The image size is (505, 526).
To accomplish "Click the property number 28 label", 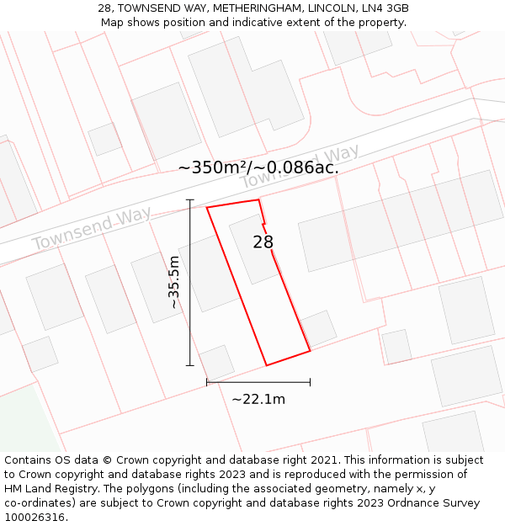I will coord(263,242).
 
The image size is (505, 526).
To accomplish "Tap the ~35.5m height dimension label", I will coord(174,283).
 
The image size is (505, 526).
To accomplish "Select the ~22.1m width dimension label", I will coord(258,399).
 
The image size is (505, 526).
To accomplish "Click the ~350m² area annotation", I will coord(258,167).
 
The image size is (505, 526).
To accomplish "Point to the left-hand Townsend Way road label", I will coord(92,227).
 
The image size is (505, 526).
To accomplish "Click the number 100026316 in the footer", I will coord(36,518).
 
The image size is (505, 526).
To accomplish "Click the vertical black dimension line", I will coord(190,283).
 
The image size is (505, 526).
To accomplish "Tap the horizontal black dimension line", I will coord(258,382).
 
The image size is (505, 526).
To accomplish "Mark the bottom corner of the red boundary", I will coord(267,365).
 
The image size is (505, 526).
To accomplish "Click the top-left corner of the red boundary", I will coord(207,207).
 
